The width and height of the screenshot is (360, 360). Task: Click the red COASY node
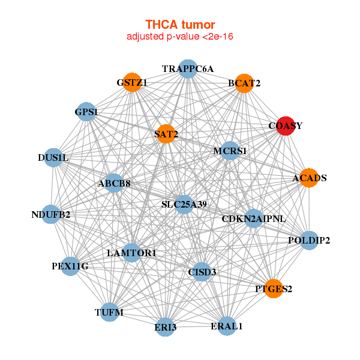pyautogui.click(x=285, y=126)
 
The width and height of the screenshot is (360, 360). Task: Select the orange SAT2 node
pyautogui.click(x=166, y=134)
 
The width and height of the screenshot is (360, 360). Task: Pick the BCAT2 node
pyautogui.click(x=244, y=83)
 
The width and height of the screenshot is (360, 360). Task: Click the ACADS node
pyautogui.click(x=308, y=178)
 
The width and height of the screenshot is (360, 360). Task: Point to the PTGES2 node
pyautogui.click(x=274, y=289)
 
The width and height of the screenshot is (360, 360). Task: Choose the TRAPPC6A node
pyautogui.click(x=188, y=69)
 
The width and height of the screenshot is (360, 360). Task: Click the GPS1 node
pyautogui.click(x=87, y=112)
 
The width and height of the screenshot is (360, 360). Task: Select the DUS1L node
pyautogui.click(x=54, y=158)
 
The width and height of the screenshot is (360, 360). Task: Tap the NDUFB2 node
pyautogui.click(x=51, y=214)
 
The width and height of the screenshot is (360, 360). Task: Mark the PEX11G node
pyautogui.click(x=70, y=266)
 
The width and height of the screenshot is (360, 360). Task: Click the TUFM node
pyautogui.click(x=109, y=313)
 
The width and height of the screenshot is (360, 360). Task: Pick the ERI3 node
pyautogui.click(x=166, y=327)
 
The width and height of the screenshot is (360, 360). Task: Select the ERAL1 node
pyautogui.click(x=227, y=326)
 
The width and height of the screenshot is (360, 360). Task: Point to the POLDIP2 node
pyautogui.click(x=308, y=241)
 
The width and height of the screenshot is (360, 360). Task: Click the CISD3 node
pyautogui.click(x=202, y=272)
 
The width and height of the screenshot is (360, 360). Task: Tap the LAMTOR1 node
pyautogui.click(x=131, y=253)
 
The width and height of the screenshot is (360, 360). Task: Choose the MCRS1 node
pyautogui.click(x=230, y=151)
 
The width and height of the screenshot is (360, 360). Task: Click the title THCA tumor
pyautogui.click(x=180, y=25)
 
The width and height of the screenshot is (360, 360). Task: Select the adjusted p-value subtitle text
pyautogui.click(x=180, y=37)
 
